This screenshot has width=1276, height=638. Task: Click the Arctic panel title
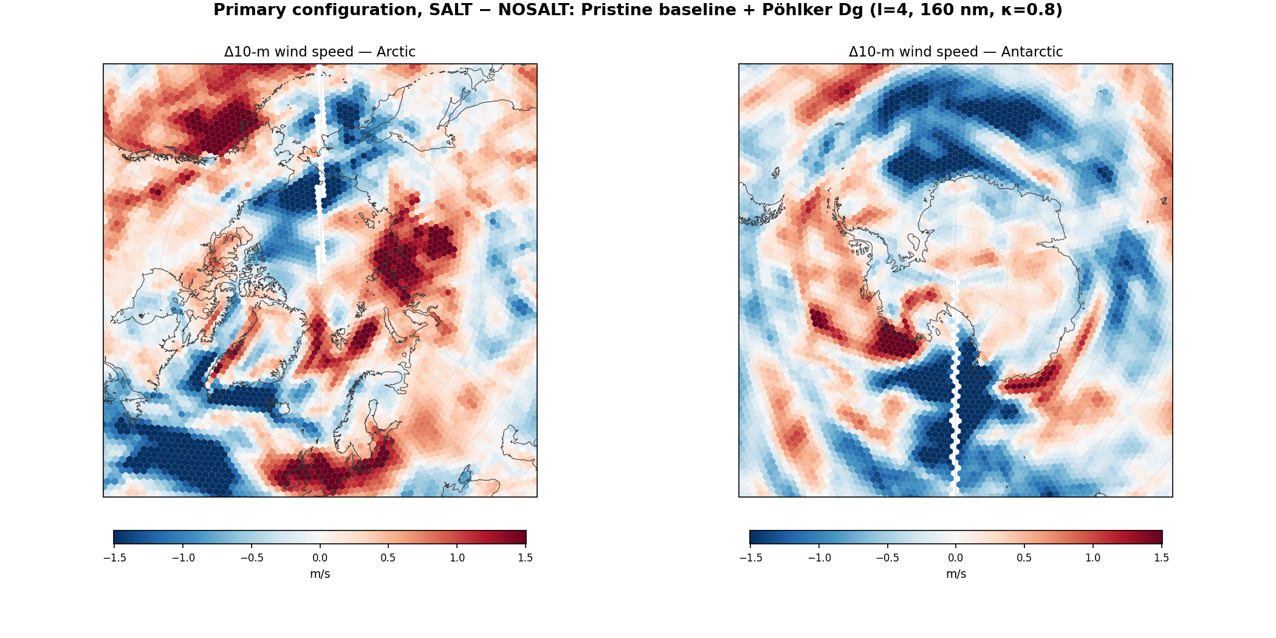click(320, 52)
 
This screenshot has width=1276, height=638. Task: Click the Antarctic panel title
click(956, 52)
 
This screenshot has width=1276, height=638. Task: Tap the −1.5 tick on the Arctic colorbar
click(114, 558)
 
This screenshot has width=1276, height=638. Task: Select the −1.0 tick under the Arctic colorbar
click(183, 558)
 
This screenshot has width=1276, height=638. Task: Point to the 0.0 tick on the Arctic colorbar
click(320, 558)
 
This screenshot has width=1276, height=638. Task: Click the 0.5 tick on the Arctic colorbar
click(388, 558)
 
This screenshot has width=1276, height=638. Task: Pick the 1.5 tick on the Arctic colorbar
click(526, 558)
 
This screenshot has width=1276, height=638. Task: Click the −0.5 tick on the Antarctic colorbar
click(887, 558)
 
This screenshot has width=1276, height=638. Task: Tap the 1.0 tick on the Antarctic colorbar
click(1093, 558)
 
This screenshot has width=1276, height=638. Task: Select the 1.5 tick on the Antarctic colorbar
click(1162, 558)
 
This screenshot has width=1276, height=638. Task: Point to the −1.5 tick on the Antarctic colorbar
click(750, 558)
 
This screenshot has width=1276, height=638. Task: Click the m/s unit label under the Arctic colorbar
click(320, 574)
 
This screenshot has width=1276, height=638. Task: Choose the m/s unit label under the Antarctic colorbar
click(956, 574)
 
